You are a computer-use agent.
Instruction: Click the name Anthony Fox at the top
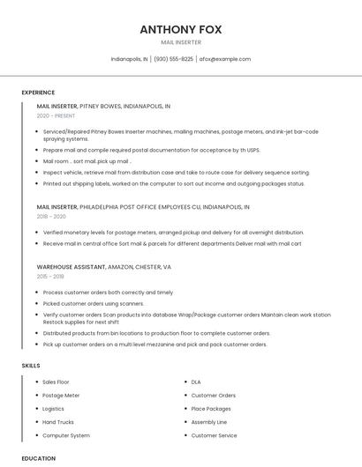180,29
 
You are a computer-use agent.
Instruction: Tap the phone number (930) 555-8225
174,59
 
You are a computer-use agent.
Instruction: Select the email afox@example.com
225,59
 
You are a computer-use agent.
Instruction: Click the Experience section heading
38,93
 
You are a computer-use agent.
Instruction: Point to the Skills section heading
31,365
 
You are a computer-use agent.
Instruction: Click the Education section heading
39,458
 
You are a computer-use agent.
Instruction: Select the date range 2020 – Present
56,115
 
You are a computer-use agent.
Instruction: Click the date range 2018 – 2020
51,216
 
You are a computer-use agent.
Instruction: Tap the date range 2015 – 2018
51,276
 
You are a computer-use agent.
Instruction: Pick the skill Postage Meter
61,396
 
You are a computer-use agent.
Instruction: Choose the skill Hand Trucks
58,422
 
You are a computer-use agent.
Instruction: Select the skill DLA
196,382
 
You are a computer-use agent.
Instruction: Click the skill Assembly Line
209,422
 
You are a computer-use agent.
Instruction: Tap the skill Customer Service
214,435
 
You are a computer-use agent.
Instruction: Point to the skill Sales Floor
56,382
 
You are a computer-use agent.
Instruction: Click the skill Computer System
66,435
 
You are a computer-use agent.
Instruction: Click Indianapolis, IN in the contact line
130,59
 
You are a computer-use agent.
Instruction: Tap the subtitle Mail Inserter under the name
180,42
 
